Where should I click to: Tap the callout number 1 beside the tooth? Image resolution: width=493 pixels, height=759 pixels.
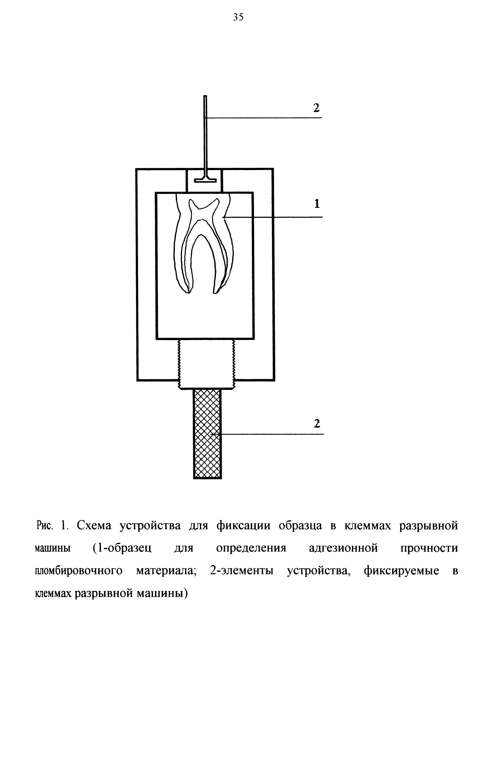[317, 204]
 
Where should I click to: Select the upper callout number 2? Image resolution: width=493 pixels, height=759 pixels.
[316, 108]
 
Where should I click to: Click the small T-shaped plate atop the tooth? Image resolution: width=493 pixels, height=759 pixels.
[205, 179]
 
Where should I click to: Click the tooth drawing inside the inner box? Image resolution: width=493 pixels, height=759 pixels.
[204, 244]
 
